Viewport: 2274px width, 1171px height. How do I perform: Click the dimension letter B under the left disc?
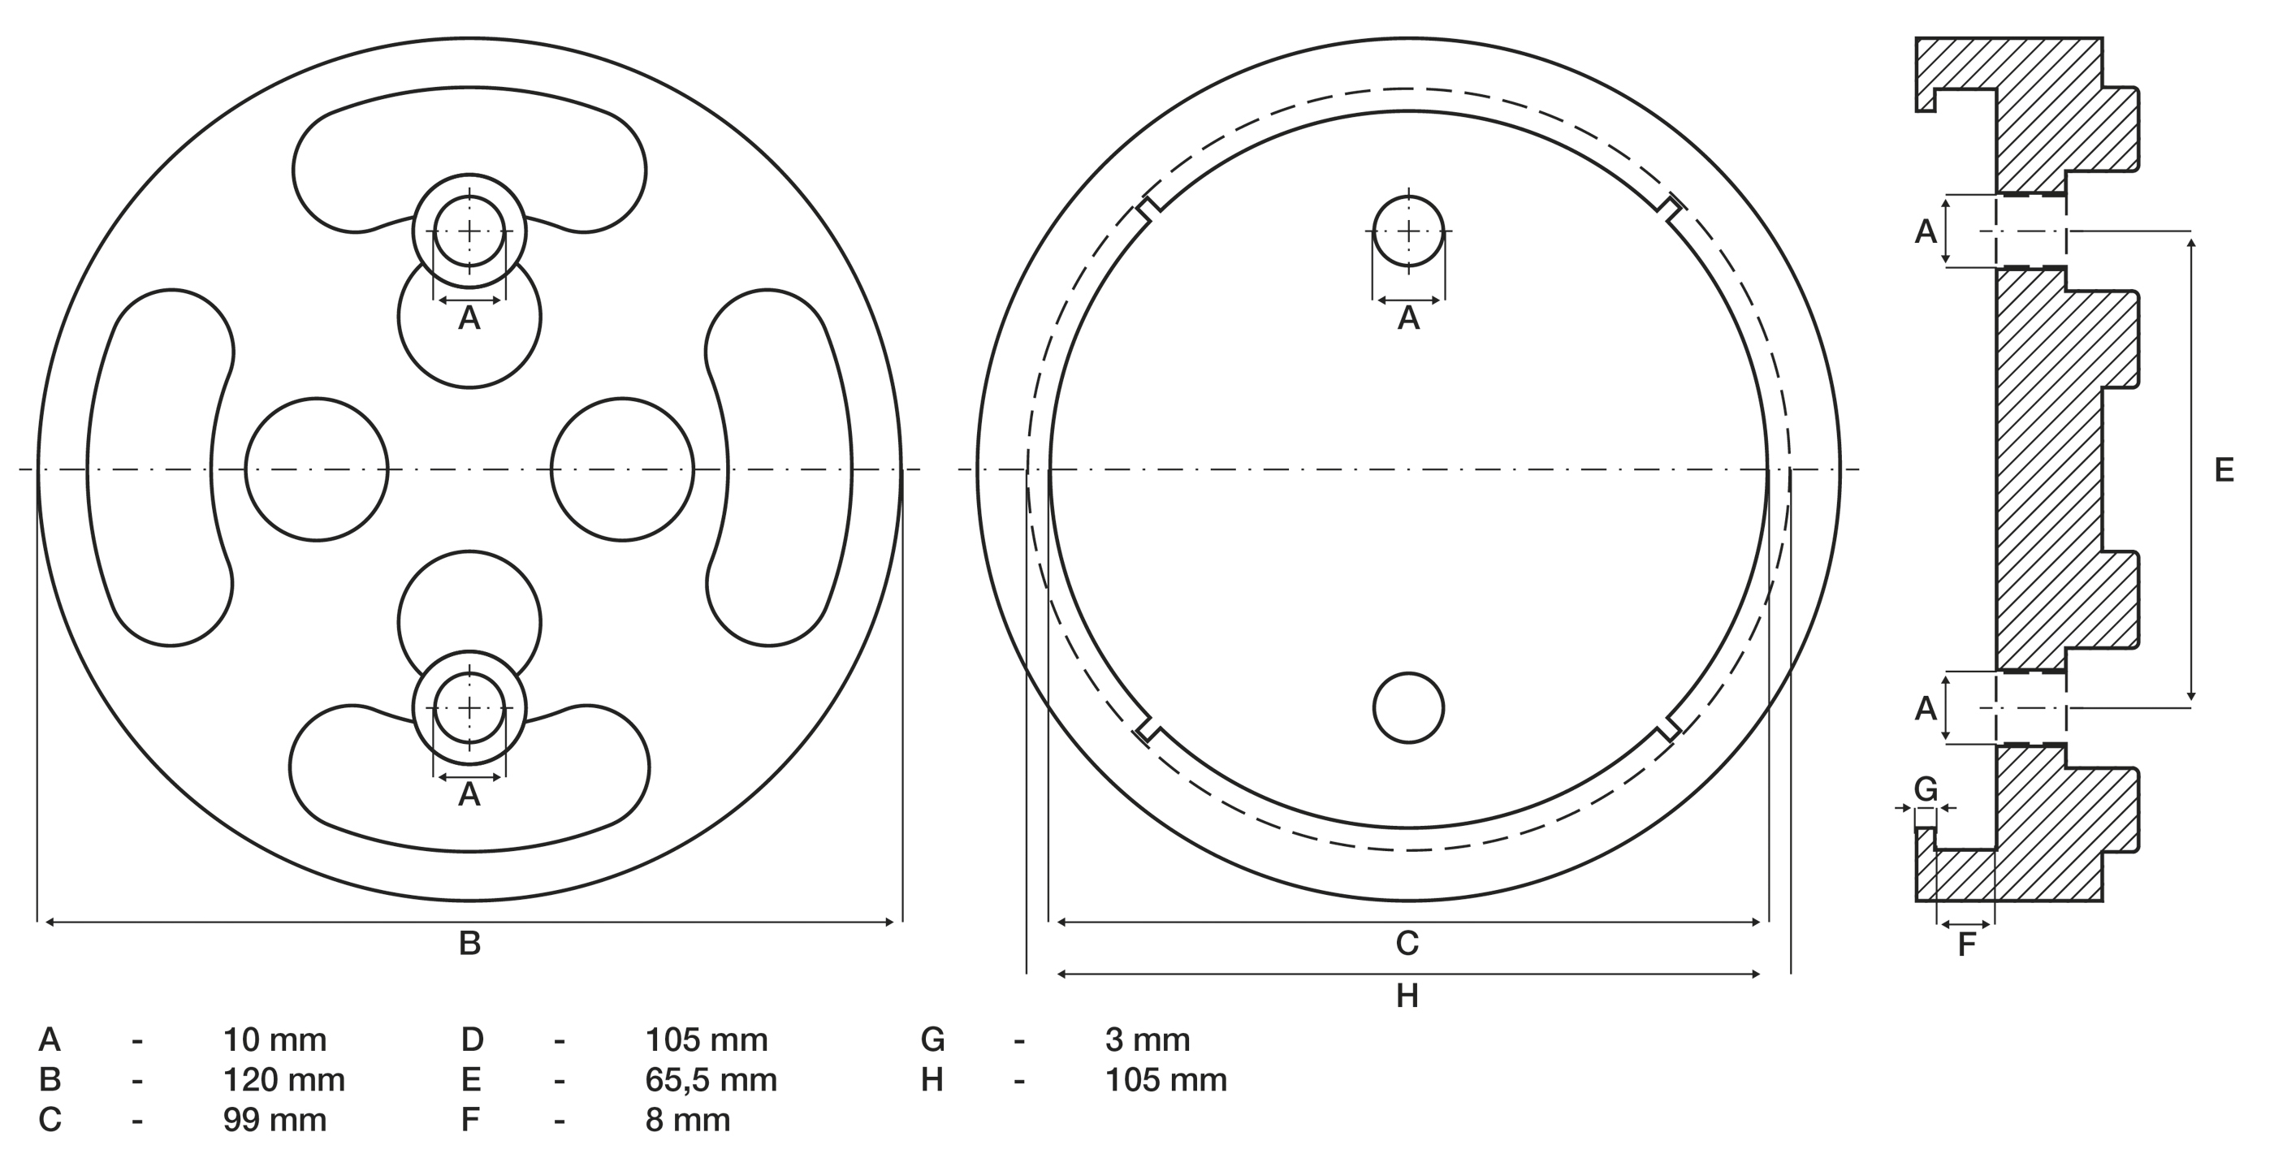point(469,944)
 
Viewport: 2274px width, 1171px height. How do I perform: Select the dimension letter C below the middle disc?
point(1407,944)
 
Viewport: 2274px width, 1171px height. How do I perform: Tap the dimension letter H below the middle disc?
point(1407,996)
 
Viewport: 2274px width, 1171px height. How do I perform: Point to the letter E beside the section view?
point(2224,470)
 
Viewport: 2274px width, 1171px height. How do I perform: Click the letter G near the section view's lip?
point(1926,789)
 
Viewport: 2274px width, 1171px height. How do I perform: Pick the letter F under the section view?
point(1967,945)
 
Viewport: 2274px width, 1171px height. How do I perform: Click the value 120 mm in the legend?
point(283,1080)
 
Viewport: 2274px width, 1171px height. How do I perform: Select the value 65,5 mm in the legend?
point(711,1080)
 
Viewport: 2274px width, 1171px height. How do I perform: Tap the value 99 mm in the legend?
point(275,1120)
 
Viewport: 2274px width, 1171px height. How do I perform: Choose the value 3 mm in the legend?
point(1148,1040)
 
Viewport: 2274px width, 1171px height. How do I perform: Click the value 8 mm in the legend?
point(688,1120)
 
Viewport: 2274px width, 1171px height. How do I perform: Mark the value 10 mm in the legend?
point(275,1040)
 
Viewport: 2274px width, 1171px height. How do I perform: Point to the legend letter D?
point(473,1040)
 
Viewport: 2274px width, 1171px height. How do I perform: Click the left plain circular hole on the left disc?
point(316,469)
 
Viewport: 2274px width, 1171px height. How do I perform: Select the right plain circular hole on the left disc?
point(622,469)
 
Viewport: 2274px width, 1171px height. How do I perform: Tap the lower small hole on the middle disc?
point(1408,708)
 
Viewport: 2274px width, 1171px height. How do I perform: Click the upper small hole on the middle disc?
point(1408,231)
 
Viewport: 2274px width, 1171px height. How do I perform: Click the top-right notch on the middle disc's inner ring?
point(1668,208)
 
